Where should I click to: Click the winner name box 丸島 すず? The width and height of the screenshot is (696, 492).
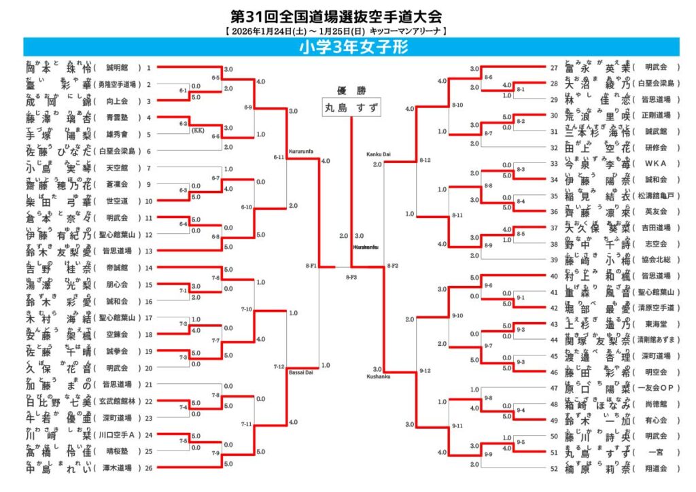point(351,107)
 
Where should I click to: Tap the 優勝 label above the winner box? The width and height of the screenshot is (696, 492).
point(351,90)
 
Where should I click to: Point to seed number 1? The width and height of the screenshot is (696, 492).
point(148,68)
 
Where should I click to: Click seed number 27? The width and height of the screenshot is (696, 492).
point(555,67)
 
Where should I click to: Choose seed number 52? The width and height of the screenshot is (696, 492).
point(555,468)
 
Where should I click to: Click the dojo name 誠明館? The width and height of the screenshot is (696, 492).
point(117,68)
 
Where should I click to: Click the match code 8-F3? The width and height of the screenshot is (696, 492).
point(351,277)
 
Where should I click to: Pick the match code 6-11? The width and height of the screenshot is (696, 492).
point(279,157)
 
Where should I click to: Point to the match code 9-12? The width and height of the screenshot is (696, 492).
point(425,370)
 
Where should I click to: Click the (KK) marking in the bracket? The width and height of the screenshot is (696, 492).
point(198,130)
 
